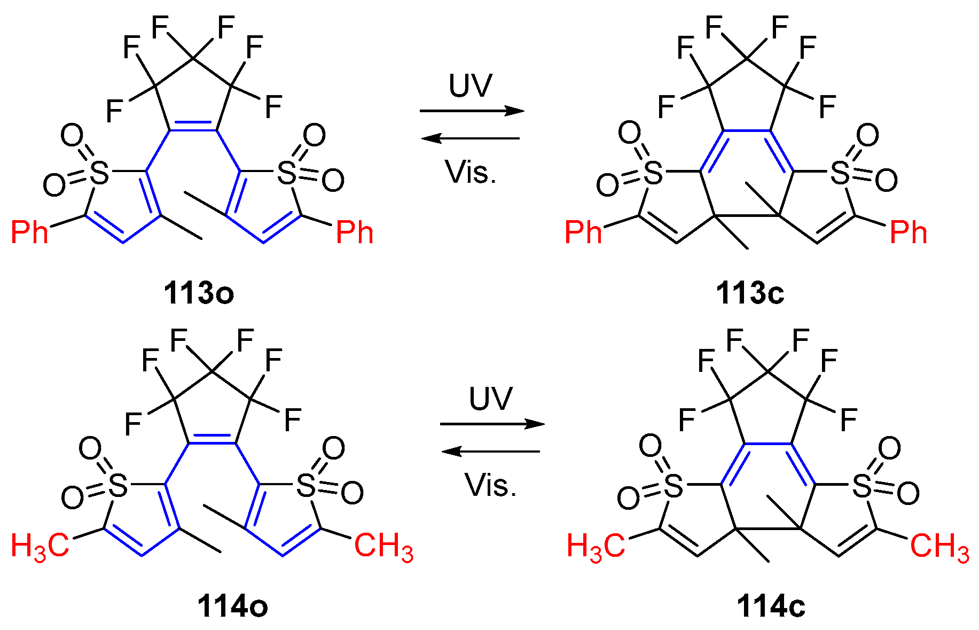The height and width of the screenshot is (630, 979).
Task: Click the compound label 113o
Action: [199, 293]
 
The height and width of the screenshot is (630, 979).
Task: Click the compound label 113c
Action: [750, 293]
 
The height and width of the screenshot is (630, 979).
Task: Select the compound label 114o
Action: [233, 607]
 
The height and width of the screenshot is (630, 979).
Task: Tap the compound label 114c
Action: [771, 607]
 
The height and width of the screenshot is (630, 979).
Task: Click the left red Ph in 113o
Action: [30, 232]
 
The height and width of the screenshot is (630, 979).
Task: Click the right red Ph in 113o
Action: [355, 232]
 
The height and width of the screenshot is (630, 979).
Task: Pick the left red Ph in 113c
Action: [583, 232]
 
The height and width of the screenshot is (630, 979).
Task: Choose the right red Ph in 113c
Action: [908, 232]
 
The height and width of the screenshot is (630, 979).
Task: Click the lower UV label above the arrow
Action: [490, 399]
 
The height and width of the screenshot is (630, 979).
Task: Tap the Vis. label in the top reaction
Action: [471, 172]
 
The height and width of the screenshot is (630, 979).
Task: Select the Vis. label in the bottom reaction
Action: [491, 485]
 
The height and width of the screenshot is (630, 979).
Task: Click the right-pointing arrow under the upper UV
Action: [472, 111]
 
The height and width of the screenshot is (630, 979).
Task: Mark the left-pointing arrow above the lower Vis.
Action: [490, 452]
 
